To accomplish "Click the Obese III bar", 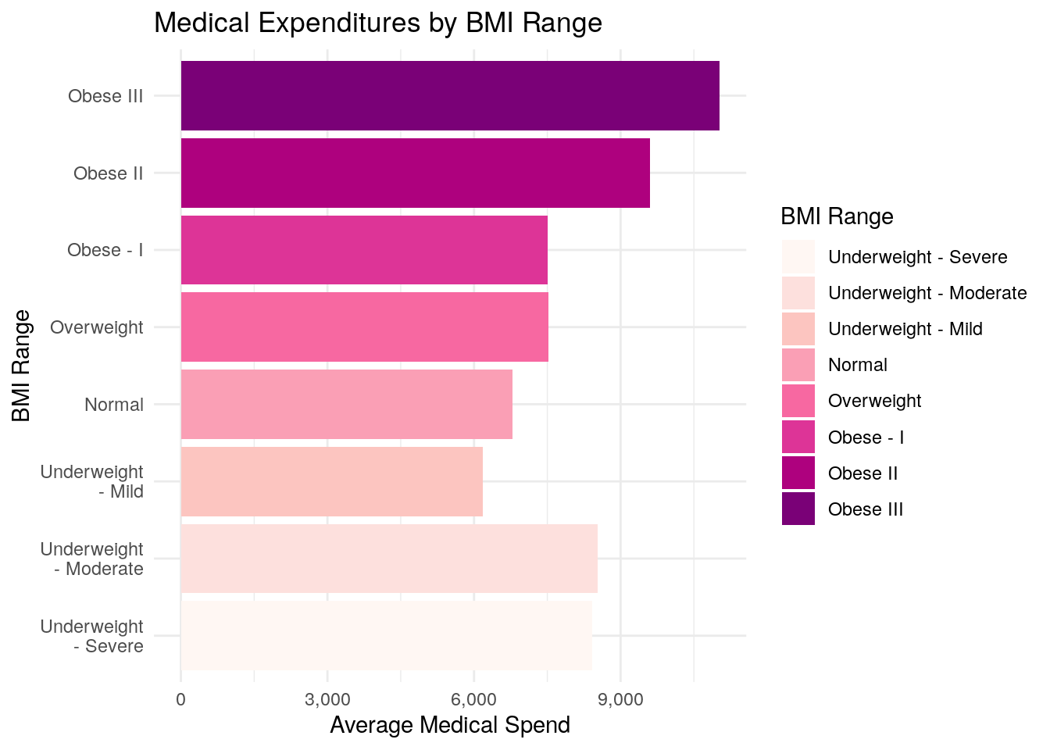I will (x=449, y=95).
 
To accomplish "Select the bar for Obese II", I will (x=415, y=173).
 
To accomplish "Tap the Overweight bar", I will (x=364, y=327).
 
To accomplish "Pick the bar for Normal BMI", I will (x=346, y=404).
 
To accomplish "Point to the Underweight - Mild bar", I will (x=331, y=481).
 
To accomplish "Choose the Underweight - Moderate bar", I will (x=388, y=559).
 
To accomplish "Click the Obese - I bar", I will (x=363, y=250).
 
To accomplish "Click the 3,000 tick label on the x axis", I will (x=327, y=699).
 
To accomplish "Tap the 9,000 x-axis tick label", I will (x=620, y=699).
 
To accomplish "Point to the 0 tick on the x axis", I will (x=181, y=699).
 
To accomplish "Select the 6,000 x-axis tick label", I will (x=473, y=699).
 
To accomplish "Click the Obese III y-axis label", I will (x=105, y=96).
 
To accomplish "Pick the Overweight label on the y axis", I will (x=97, y=327).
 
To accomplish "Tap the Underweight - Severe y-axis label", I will (x=92, y=636).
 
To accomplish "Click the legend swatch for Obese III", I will (x=798, y=509).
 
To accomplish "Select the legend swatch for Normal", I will (x=798, y=365).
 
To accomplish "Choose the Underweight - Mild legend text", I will (x=905, y=329).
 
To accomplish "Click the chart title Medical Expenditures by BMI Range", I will (x=378, y=23).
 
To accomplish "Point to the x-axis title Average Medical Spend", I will (x=450, y=725).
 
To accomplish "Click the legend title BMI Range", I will (x=837, y=216).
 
